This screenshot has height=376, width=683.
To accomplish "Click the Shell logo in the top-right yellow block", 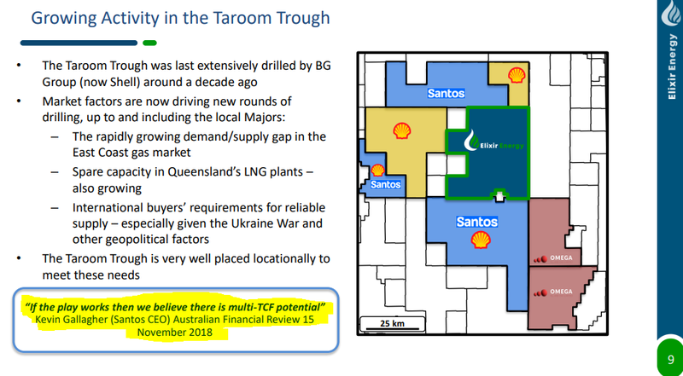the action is click(517, 75).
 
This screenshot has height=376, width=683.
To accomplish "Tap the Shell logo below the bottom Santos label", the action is click(481, 240).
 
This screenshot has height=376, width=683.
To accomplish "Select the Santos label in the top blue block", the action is click(446, 93).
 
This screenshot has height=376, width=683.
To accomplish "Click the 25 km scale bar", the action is click(392, 324).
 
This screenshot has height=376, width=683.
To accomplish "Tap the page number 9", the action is click(671, 360).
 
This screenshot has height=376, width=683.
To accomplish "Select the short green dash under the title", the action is click(149, 43).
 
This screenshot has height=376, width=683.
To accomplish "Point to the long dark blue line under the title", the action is click(79, 43).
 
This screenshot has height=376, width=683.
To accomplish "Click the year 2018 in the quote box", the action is click(200, 333).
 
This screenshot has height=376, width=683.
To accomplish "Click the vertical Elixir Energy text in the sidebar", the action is click(673, 67).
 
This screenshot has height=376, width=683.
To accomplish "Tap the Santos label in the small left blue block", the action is click(386, 184).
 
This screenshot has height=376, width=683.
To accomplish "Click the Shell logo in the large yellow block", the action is click(401, 130).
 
